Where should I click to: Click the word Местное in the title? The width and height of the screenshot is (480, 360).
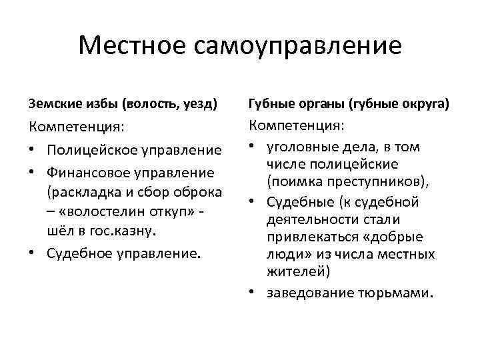[133, 46]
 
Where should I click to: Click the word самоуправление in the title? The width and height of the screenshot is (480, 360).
[299, 46]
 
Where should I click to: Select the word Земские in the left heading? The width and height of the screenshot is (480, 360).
[53, 104]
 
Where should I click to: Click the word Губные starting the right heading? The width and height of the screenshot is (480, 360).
[270, 104]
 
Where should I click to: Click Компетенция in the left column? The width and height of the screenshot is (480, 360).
[77, 127]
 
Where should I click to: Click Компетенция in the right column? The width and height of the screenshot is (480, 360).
[297, 125]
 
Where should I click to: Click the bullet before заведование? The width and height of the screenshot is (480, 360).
[254, 292]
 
